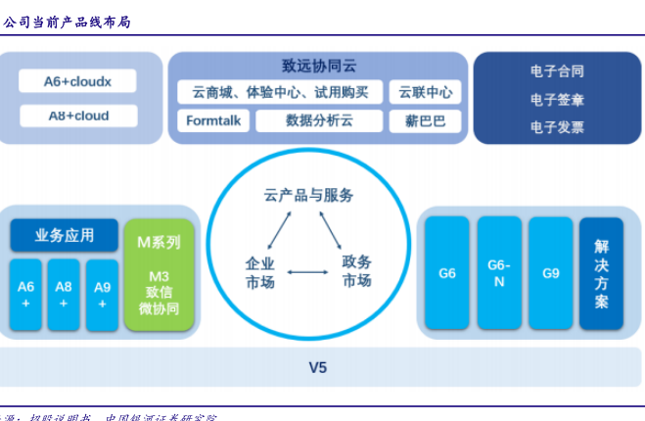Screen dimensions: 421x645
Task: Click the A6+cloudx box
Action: pyautogui.click(x=77, y=82)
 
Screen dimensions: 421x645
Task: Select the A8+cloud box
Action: pyautogui.click(x=77, y=117)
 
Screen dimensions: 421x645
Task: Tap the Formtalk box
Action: pyautogui.click(x=212, y=121)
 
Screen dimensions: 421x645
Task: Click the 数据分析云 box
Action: pyautogui.click(x=319, y=121)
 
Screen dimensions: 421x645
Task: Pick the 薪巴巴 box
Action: pyautogui.click(x=425, y=121)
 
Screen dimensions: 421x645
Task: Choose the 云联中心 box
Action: pyautogui.click(x=425, y=93)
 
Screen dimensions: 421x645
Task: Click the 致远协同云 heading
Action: pyautogui.click(x=318, y=67)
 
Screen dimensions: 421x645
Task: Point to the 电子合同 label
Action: pyautogui.click(x=557, y=71)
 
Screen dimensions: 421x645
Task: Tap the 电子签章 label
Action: pyautogui.click(x=557, y=99)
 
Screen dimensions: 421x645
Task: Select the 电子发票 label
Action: pyautogui.click(x=557, y=126)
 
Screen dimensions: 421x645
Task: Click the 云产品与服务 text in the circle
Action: pyautogui.click(x=309, y=195)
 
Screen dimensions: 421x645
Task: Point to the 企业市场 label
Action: pyautogui.click(x=259, y=272)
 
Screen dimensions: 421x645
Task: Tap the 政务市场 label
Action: pyautogui.click(x=356, y=272)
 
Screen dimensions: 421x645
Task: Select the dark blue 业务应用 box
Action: pyautogui.click(x=65, y=235)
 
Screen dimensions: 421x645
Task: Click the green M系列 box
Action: pyautogui.click(x=159, y=273)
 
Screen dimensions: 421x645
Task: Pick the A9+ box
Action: pyautogui.click(x=103, y=294)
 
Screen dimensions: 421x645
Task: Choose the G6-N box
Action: pyautogui.click(x=499, y=272)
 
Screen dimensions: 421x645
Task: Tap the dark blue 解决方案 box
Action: pyautogui.click(x=601, y=273)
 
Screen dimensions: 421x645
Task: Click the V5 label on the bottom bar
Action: pyautogui.click(x=317, y=368)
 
